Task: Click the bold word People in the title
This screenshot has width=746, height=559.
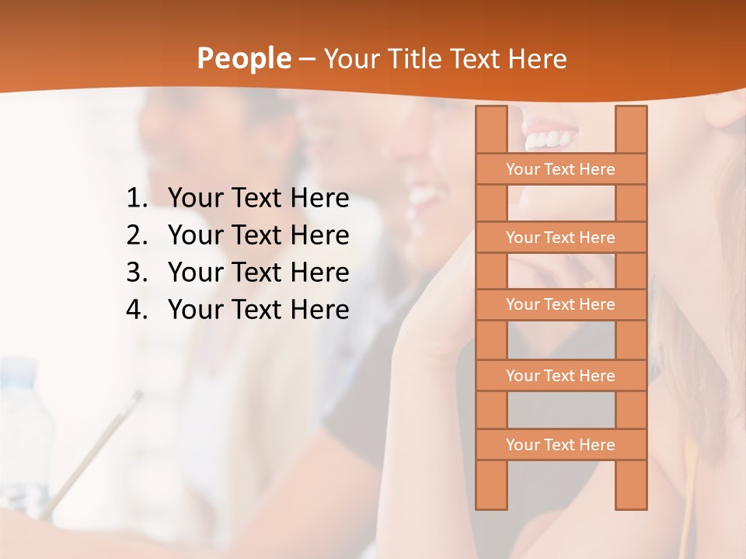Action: coord(242,59)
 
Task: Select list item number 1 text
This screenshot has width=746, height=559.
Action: coord(258,199)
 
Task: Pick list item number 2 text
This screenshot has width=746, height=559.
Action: coord(258,235)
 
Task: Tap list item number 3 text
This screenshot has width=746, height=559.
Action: coord(258,273)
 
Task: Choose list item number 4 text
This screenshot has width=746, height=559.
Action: coord(258,310)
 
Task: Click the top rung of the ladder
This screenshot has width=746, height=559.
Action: coord(560,169)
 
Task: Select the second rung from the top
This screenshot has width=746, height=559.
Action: coord(560,238)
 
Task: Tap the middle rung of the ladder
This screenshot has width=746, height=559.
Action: coord(560,304)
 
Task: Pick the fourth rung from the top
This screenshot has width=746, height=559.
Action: coord(560,376)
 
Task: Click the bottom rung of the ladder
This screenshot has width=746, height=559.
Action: coord(560,445)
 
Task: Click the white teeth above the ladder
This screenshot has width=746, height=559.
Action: coord(551,140)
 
